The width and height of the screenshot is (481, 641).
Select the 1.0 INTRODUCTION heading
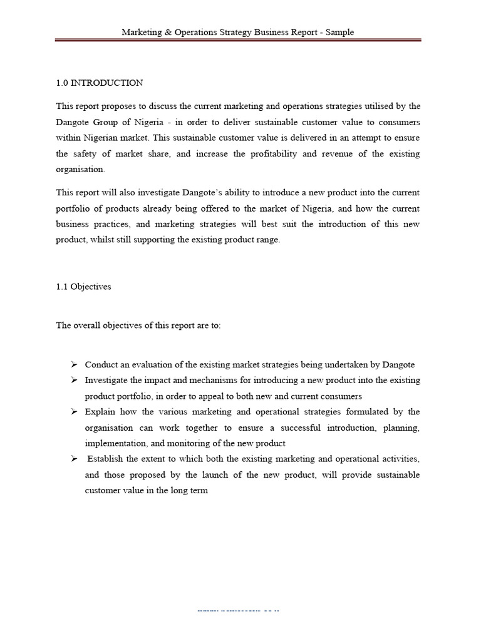point(100,83)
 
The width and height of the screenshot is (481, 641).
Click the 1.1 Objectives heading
point(83,286)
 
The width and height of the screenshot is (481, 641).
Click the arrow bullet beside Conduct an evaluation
point(73,364)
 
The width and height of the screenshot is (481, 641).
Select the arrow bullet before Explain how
point(73,411)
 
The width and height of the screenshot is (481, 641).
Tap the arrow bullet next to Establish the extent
point(73,459)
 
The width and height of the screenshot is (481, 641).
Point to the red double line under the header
point(238,41)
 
